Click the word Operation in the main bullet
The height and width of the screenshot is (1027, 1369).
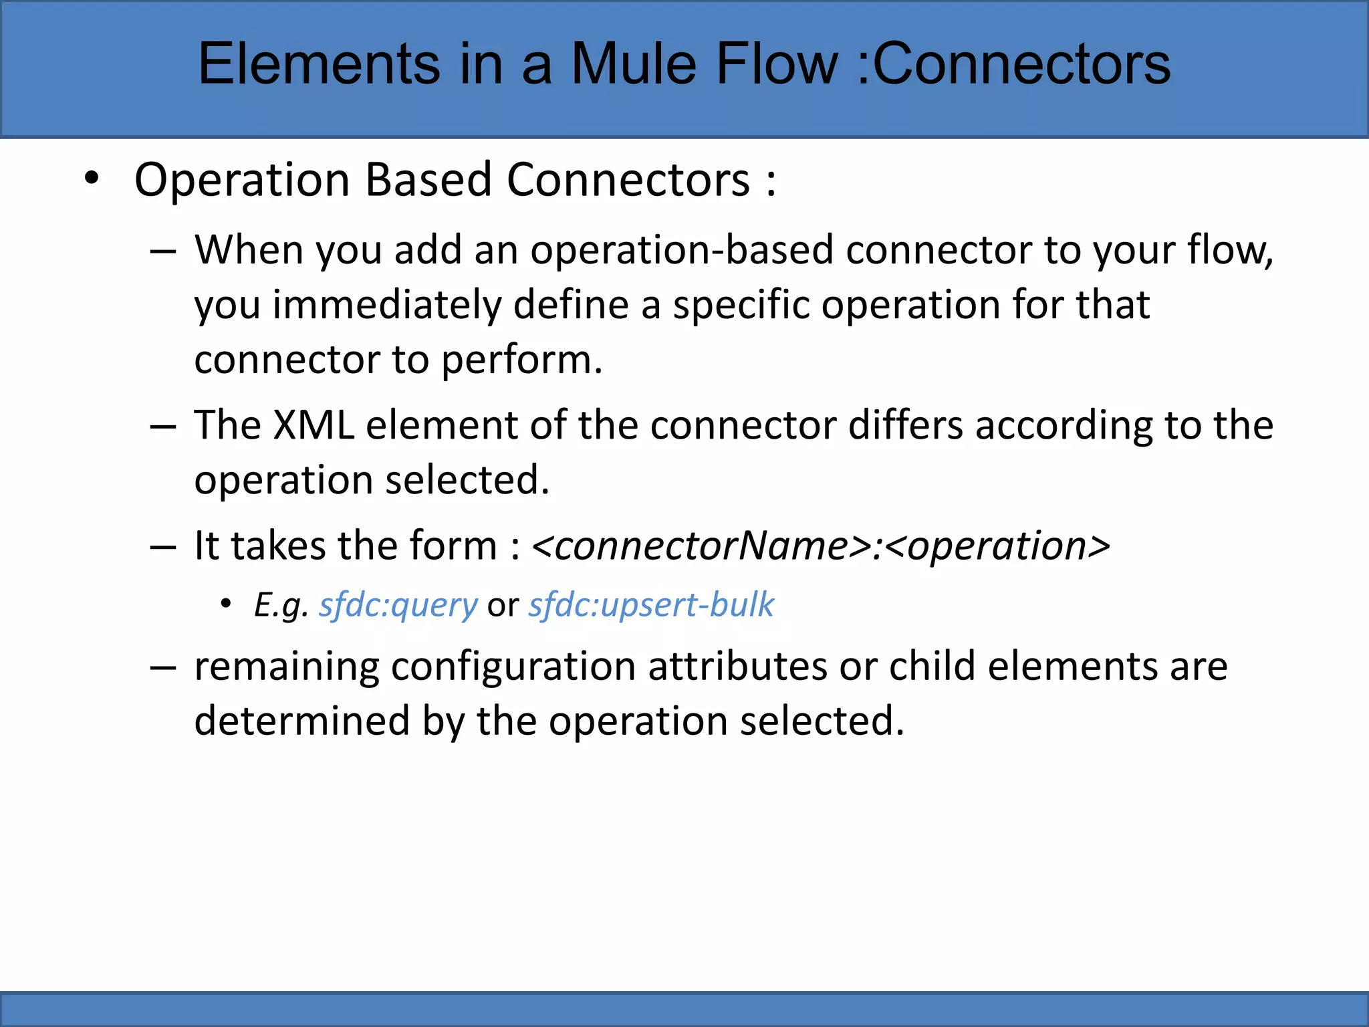(242, 181)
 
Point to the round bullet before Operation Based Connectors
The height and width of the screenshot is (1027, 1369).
(92, 179)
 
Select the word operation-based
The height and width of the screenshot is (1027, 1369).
(682, 250)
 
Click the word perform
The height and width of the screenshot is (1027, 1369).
(521, 361)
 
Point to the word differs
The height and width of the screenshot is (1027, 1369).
(905, 425)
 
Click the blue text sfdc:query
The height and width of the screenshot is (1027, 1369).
(398, 605)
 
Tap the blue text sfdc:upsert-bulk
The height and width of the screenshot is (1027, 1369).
(651, 605)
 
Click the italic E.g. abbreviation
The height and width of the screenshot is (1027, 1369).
(281, 605)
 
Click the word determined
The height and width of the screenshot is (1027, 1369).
(301, 721)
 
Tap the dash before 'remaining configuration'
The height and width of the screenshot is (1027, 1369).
(163, 668)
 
